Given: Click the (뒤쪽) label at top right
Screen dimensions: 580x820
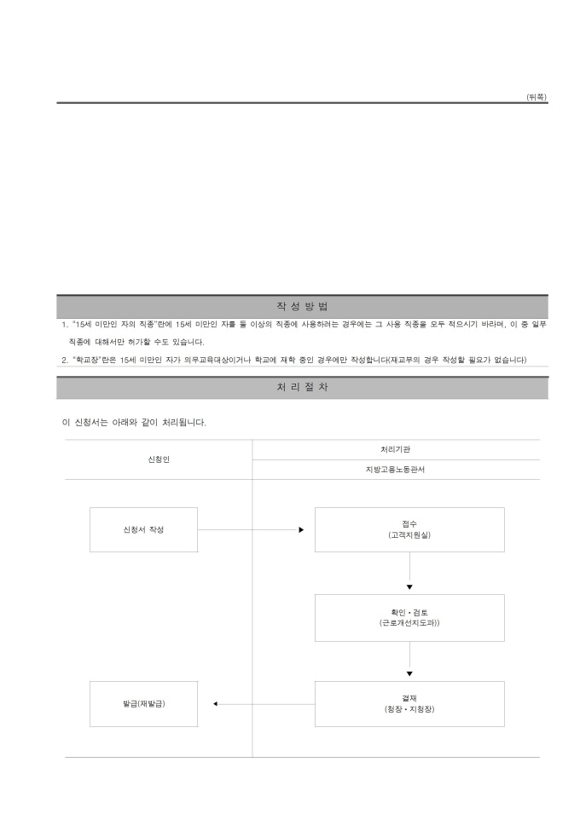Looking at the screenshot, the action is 536,97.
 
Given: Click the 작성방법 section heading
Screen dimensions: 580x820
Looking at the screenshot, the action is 303,307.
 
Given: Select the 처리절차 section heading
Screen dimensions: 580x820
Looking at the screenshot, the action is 303,388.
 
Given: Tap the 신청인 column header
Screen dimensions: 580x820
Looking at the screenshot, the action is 159,459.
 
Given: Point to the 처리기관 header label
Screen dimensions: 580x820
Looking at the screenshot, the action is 395,450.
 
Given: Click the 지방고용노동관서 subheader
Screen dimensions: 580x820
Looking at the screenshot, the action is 395,470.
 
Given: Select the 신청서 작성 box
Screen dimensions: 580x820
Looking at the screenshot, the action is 144,529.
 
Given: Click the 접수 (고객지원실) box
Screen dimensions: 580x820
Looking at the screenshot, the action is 409,529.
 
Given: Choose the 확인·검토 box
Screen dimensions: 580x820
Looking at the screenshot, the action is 409,618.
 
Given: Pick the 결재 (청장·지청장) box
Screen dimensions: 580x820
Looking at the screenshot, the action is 409,704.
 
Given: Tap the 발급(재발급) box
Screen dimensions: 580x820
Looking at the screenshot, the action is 144,704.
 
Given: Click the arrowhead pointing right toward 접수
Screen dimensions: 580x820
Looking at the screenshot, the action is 301,529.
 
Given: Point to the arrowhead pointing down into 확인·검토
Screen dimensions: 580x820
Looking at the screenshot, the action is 409,587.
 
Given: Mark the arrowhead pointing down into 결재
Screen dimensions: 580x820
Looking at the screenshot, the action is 409,674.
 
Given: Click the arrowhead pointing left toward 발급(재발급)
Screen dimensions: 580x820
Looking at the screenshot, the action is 215,704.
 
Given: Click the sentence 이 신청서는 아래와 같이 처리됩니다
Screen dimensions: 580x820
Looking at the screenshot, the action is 134,423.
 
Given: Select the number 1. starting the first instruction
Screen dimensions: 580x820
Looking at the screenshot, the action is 65,325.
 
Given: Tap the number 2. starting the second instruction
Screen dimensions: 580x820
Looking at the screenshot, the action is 65,361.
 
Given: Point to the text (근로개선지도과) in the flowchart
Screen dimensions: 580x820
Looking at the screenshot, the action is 409,623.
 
